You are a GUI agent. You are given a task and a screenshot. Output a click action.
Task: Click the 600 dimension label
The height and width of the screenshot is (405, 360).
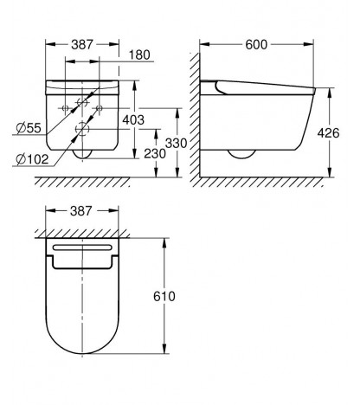[256, 45]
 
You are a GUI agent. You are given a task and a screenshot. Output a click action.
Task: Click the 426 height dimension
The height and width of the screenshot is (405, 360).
[328, 133]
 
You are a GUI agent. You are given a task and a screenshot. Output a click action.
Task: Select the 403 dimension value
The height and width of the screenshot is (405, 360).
[133, 119]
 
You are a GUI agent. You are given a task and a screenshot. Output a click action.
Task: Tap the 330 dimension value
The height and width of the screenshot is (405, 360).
[176, 143]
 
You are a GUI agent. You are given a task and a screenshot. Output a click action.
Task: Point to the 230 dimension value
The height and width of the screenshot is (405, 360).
[155, 154]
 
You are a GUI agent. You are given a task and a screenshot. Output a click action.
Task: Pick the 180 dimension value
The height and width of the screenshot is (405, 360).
[139, 55]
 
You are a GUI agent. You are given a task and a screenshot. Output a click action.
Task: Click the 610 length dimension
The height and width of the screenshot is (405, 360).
[164, 296]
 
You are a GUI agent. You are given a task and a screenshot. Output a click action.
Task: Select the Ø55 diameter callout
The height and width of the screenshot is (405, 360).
[29, 128]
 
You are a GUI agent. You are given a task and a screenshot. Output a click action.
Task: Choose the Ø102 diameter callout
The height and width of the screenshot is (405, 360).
[32, 159]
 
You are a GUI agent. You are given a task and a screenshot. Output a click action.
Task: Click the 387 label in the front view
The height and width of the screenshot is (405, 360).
[82, 45]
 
